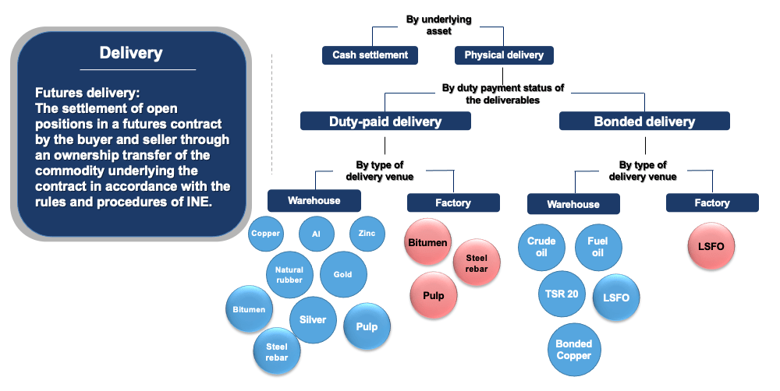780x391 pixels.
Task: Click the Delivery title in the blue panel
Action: (x=131, y=53)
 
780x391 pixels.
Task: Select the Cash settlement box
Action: (x=370, y=55)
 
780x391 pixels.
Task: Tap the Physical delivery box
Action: (x=504, y=55)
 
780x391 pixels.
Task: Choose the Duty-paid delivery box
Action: (x=385, y=121)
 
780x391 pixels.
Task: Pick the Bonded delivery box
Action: (x=644, y=121)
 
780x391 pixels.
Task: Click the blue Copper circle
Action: (x=266, y=234)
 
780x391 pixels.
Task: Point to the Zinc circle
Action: (x=367, y=234)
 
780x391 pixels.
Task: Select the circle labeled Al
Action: (x=317, y=234)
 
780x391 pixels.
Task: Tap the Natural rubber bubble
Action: (x=289, y=275)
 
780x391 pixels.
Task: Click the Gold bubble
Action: (x=343, y=274)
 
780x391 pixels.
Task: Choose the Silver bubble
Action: (x=313, y=319)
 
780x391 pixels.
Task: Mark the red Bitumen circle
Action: (x=427, y=242)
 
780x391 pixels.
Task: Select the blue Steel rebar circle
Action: (x=277, y=352)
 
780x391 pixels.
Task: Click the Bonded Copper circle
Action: (x=573, y=350)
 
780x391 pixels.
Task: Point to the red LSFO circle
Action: (x=711, y=247)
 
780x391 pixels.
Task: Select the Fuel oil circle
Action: (x=597, y=247)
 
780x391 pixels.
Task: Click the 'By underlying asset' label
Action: (x=438, y=24)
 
